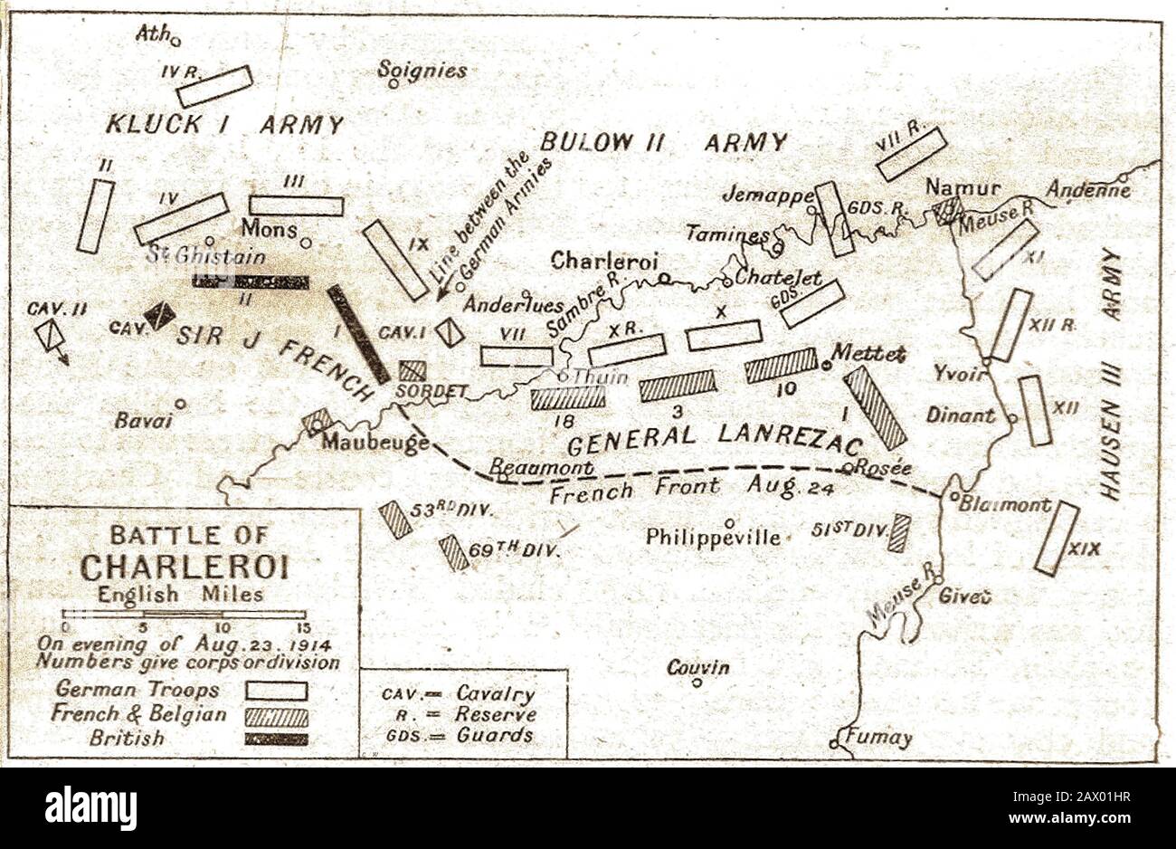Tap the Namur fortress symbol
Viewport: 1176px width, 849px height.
(946, 211)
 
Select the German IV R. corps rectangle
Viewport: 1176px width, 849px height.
(214, 87)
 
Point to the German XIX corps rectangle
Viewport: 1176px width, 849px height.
(1057, 539)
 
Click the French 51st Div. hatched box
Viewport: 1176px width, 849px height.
(898, 532)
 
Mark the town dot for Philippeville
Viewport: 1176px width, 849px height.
(729, 522)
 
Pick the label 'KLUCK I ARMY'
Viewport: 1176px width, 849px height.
(224, 124)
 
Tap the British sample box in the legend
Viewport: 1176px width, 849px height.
(276, 739)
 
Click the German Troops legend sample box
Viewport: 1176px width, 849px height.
(276, 691)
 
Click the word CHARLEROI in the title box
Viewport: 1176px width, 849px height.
(185, 567)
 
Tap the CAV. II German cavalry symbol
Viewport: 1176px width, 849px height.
(50, 337)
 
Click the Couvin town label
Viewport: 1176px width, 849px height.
(697, 667)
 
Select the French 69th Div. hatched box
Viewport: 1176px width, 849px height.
(453, 553)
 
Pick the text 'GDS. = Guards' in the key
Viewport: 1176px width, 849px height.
(459, 735)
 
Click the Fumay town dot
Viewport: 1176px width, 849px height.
(833, 743)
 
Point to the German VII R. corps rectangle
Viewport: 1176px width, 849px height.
(911, 154)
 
